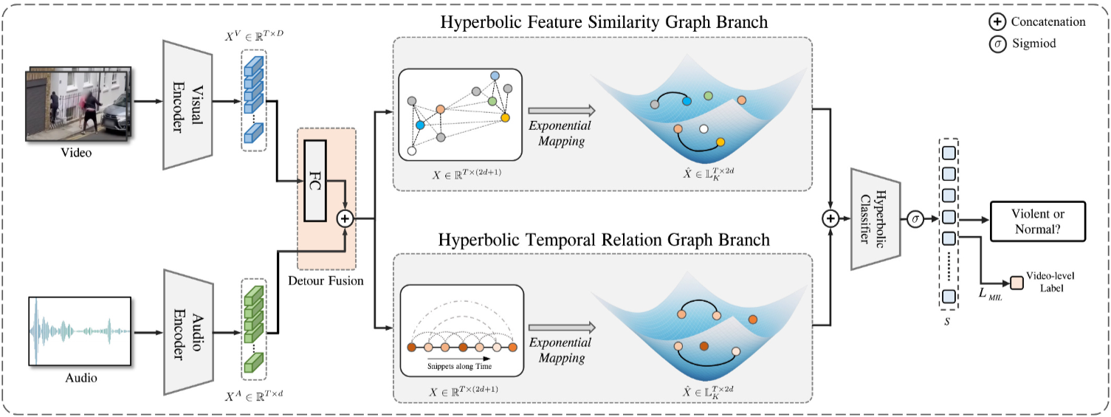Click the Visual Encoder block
pos(188,105)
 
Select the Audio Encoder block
pos(188,331)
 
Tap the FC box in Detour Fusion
pos(315,181)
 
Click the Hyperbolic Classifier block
pos(876,219)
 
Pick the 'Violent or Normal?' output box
pos(1038,221)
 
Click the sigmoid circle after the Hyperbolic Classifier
pos(915,218)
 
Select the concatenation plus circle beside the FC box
pos(345,218)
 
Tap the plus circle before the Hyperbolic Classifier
pos(830,218)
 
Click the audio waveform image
pos(80,331)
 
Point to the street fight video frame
pos(78,105)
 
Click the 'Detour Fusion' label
pos(326,280)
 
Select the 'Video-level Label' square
pos(1017,283)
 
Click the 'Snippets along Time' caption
pos(459,366)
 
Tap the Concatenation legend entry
pos(1037,22)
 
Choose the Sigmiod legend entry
pos(1022,44)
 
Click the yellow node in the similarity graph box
pos(505,117)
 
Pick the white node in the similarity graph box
pos(412,151)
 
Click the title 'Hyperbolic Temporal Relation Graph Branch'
pos(604,239)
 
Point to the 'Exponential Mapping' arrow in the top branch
pos(562,111)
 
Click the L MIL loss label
pos(990,294)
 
